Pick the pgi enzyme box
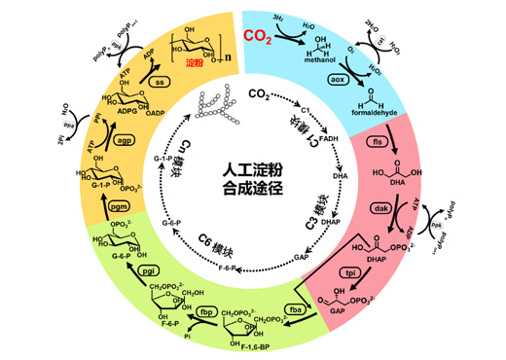(149, 270)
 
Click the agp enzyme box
(125, 140)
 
